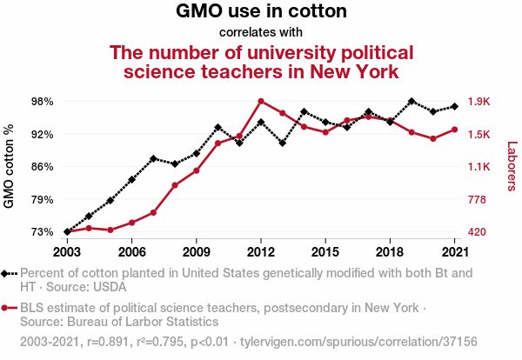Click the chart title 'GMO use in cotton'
(x=261, y=12)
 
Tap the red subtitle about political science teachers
(x=261, y=61)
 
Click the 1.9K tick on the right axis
(x=479, y=102)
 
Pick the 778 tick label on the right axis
(x=478, y=200)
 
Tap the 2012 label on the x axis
(x=261, y=251)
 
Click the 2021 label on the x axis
(x=454, y=251)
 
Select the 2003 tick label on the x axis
(x=67, y=251)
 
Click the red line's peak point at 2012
(x=261, y=101)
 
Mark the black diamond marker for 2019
(x=412, y=102)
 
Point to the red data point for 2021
(x=454, y=130)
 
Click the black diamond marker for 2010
(x=217, y=128)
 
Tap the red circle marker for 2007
(x=153, y=212)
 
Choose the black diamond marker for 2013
(x=282, y=143)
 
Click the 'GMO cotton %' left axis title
(x=10, y=167)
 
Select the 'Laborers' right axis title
(x=512, y=167)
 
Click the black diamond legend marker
(x=6, y=273)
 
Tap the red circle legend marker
(x=6, y=308)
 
